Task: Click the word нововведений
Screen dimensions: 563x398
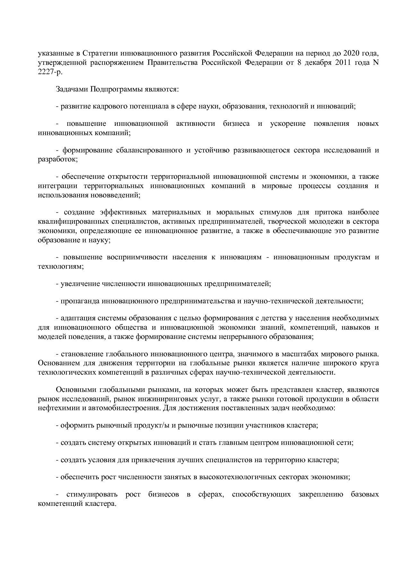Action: click(117, 195)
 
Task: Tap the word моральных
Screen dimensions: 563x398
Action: click(234, 212)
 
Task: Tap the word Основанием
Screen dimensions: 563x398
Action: click(56, 363)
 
